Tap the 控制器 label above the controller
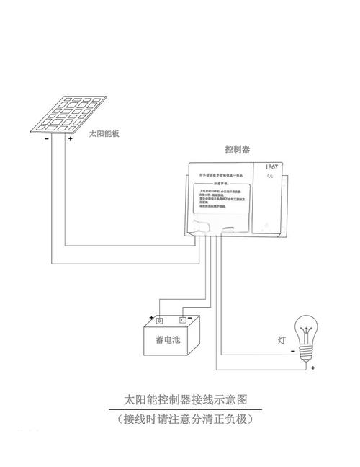pos(237,149)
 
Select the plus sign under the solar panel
pos(70,138)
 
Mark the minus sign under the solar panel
pos(47,138)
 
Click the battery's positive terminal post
pos(159,321)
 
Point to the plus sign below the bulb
pos(313,368)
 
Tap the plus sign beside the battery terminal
pos(151,317)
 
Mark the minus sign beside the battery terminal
pos(192,317)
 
